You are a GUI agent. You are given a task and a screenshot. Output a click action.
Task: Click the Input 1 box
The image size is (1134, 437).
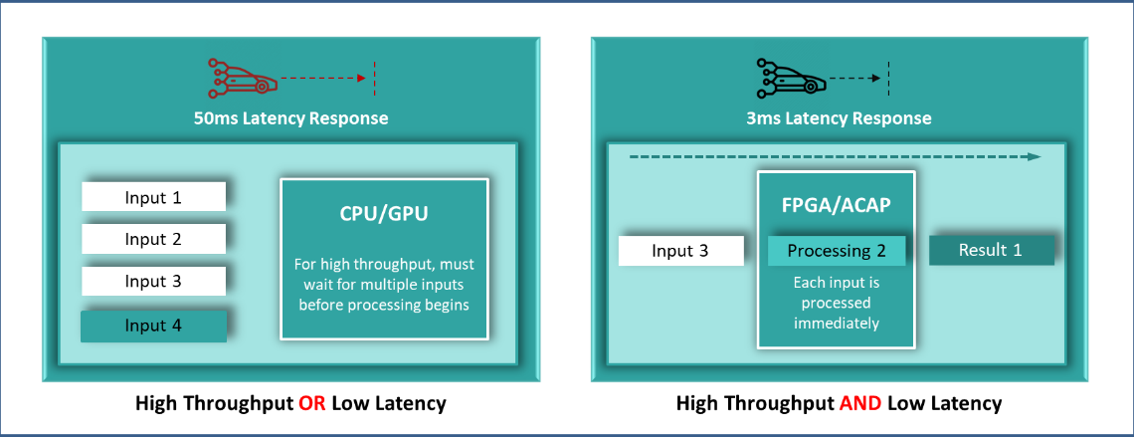coord(153,197)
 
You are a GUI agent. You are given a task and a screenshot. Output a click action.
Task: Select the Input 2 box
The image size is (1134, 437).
coord(153,239)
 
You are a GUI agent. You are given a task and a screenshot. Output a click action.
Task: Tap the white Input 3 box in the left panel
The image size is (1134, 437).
coord(153,281)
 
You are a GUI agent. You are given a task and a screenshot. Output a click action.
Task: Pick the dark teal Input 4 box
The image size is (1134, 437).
coord(153,326)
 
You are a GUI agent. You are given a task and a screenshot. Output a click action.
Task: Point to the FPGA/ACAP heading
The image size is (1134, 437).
coord(836,206)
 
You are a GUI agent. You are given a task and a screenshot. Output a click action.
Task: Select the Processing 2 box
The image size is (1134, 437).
coord(836,251)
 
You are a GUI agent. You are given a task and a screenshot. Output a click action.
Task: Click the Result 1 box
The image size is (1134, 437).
coord(990,250)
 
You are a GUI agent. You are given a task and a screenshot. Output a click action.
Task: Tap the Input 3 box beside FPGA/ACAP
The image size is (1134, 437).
coord(680,251)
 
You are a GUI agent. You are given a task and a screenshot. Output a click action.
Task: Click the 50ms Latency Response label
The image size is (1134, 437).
coord(290,118)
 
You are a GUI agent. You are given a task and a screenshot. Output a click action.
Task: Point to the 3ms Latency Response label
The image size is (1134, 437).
coord(839,118)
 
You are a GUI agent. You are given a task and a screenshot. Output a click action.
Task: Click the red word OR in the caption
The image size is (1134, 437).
coord(312,403)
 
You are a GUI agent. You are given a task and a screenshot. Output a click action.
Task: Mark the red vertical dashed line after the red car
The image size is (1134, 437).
coord(374,78)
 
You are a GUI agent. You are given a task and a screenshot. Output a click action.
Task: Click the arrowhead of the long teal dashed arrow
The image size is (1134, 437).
coord(1035,156)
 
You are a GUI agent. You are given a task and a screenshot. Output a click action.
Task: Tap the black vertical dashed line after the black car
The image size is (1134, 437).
coord(887,78)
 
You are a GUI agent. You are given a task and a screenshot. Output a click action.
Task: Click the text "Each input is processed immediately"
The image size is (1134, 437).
coord(836,303)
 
